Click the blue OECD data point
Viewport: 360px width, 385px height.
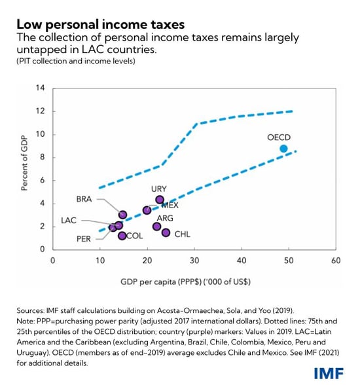click(x=283, y=149)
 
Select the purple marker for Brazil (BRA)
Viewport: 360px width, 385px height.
click(x=122, y=215)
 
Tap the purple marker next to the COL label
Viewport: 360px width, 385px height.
click(x=122, y=236)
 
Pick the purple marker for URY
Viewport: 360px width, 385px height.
click(x=159, y=200)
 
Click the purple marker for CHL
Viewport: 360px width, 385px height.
click(x=166, y=232)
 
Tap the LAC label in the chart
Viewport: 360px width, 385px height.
click(x=69, y=221)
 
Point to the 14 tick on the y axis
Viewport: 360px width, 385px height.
click(x=40, y=88)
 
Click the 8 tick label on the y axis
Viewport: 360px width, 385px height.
click(x=42, y=158)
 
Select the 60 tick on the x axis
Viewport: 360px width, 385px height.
click(x=336, y=261)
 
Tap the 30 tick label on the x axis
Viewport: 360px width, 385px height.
click(x=194, y=261)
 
